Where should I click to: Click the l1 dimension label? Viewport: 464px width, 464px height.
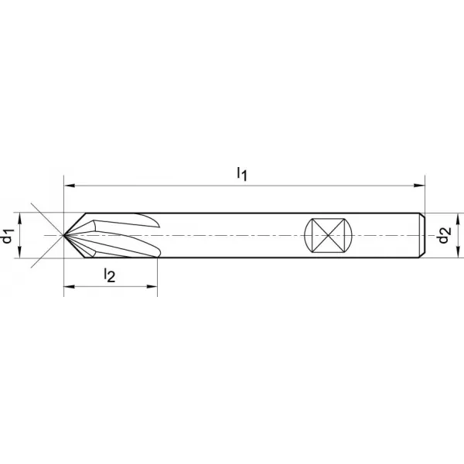click(242, 174)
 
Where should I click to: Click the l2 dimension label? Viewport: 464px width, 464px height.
click(110, 275)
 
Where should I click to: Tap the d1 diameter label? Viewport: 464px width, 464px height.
click(8, 236)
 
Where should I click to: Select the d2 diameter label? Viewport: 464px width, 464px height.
click(445, 235)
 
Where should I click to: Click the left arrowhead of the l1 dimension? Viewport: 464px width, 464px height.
click(69, 186)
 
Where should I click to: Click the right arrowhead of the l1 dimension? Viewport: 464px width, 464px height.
click(419, 186)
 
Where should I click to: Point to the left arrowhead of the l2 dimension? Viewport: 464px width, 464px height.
click(69, 286)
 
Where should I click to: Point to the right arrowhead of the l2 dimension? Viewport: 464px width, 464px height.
click(152, 286)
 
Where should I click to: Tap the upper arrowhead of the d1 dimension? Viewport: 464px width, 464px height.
click(20, 218)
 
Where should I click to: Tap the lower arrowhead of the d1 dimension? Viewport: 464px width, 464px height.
click(20, 253)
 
